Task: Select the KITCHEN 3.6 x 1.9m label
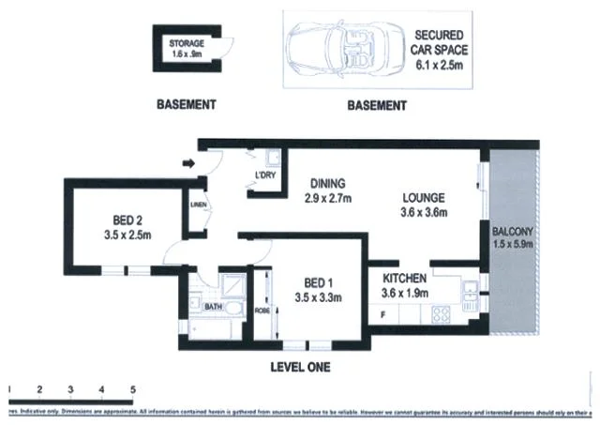405,286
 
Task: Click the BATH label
213,307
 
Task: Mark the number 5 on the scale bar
133,388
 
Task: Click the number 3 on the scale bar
71,388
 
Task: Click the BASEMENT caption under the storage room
187,105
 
